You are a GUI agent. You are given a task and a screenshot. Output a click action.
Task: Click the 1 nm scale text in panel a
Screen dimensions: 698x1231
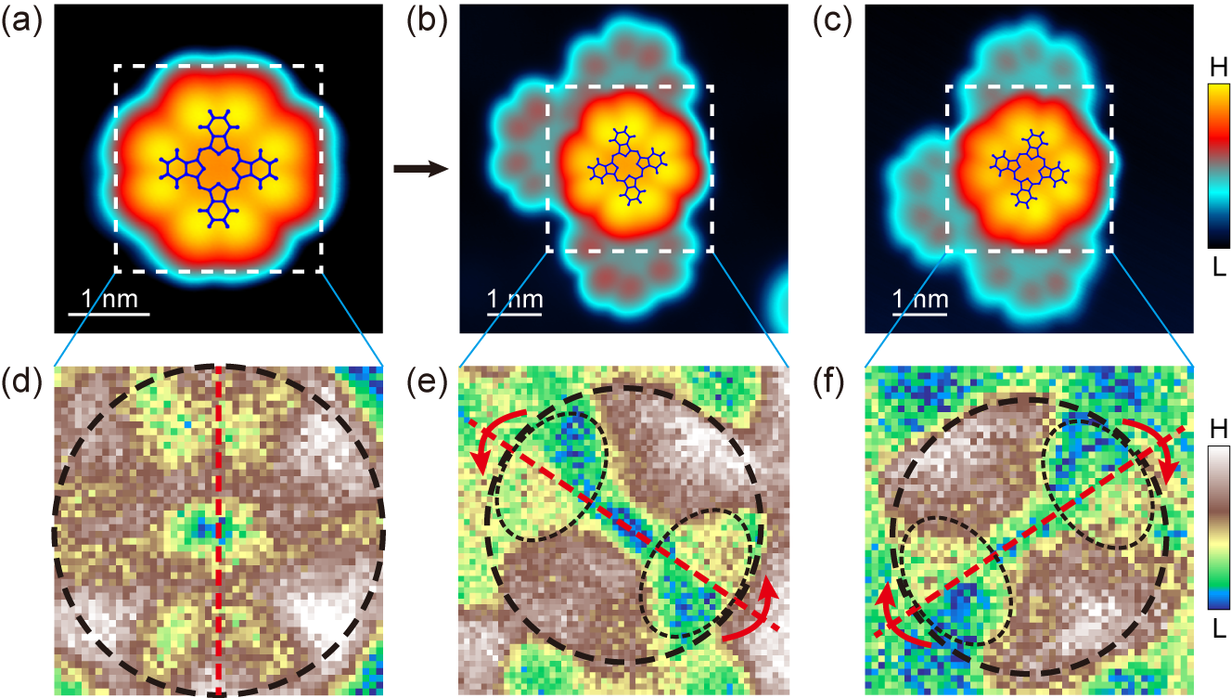coord(110,299)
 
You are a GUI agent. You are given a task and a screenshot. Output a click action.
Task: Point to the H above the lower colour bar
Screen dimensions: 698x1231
coord(1218,430)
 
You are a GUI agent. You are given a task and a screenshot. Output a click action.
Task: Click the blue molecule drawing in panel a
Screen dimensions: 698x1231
coord(218,168)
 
